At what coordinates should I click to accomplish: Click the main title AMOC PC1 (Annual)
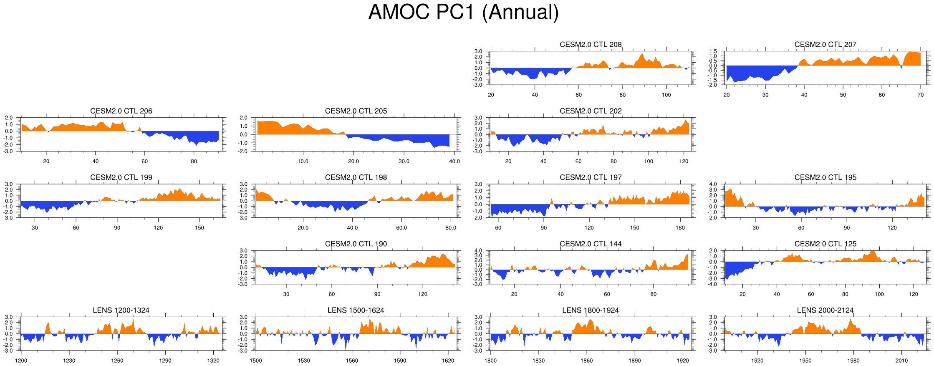coord(463,12)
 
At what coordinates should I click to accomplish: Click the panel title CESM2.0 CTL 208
coord(591,45)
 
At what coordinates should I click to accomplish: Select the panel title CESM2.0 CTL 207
coord(825,45)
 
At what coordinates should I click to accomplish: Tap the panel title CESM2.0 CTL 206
coord(121,111)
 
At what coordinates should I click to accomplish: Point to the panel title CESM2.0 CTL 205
coord(356,111)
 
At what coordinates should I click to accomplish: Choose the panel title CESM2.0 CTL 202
coord(591,111)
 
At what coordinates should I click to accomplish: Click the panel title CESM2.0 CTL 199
coord(121,177)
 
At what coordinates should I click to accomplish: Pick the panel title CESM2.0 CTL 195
coord(825,177)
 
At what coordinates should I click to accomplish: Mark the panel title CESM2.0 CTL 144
coord(591,244)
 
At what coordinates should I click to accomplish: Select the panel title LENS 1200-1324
coord(121,310)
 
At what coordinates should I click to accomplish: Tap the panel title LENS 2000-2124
coord(825,310)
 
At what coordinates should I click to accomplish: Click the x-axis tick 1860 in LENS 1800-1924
coord(586,361)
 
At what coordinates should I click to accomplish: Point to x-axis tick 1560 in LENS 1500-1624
coord(352,361)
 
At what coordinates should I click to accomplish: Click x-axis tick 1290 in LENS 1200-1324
coord(165,361)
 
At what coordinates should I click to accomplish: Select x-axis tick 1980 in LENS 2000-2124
coord(853,361)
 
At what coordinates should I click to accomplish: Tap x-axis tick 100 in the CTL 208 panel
coord(666,95)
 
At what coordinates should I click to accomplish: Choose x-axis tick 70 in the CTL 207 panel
coord(921,95)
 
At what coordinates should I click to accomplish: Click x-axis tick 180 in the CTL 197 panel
coord(680,228)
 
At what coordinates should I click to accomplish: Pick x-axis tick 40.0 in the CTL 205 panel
coord(454,161)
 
